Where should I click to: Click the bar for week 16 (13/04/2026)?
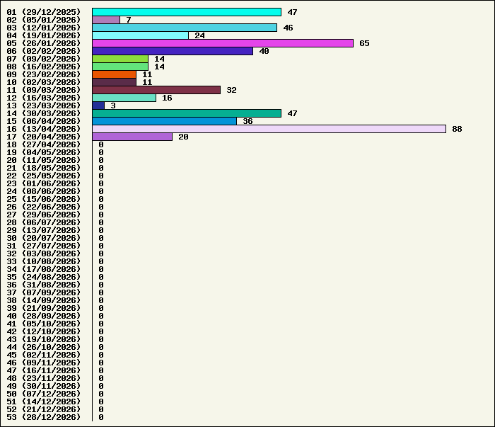click(269, 129)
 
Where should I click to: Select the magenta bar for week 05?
click(223, 43)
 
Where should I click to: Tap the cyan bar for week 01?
click(187, 12)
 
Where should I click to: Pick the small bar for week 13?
click(98, 106)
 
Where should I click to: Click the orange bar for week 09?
click(114, 74)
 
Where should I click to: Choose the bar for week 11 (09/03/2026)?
click(156, 90)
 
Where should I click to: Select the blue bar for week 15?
click(164, 121)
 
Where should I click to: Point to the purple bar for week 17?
click(132, 137)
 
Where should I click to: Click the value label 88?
click(457, 129)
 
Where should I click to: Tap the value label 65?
click(364, 43)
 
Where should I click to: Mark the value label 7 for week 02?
click(129, 20)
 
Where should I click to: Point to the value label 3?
click(113, 106)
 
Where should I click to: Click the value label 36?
click(248, 121)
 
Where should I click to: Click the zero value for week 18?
click(101, 144)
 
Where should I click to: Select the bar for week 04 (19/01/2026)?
click(140, 35)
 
